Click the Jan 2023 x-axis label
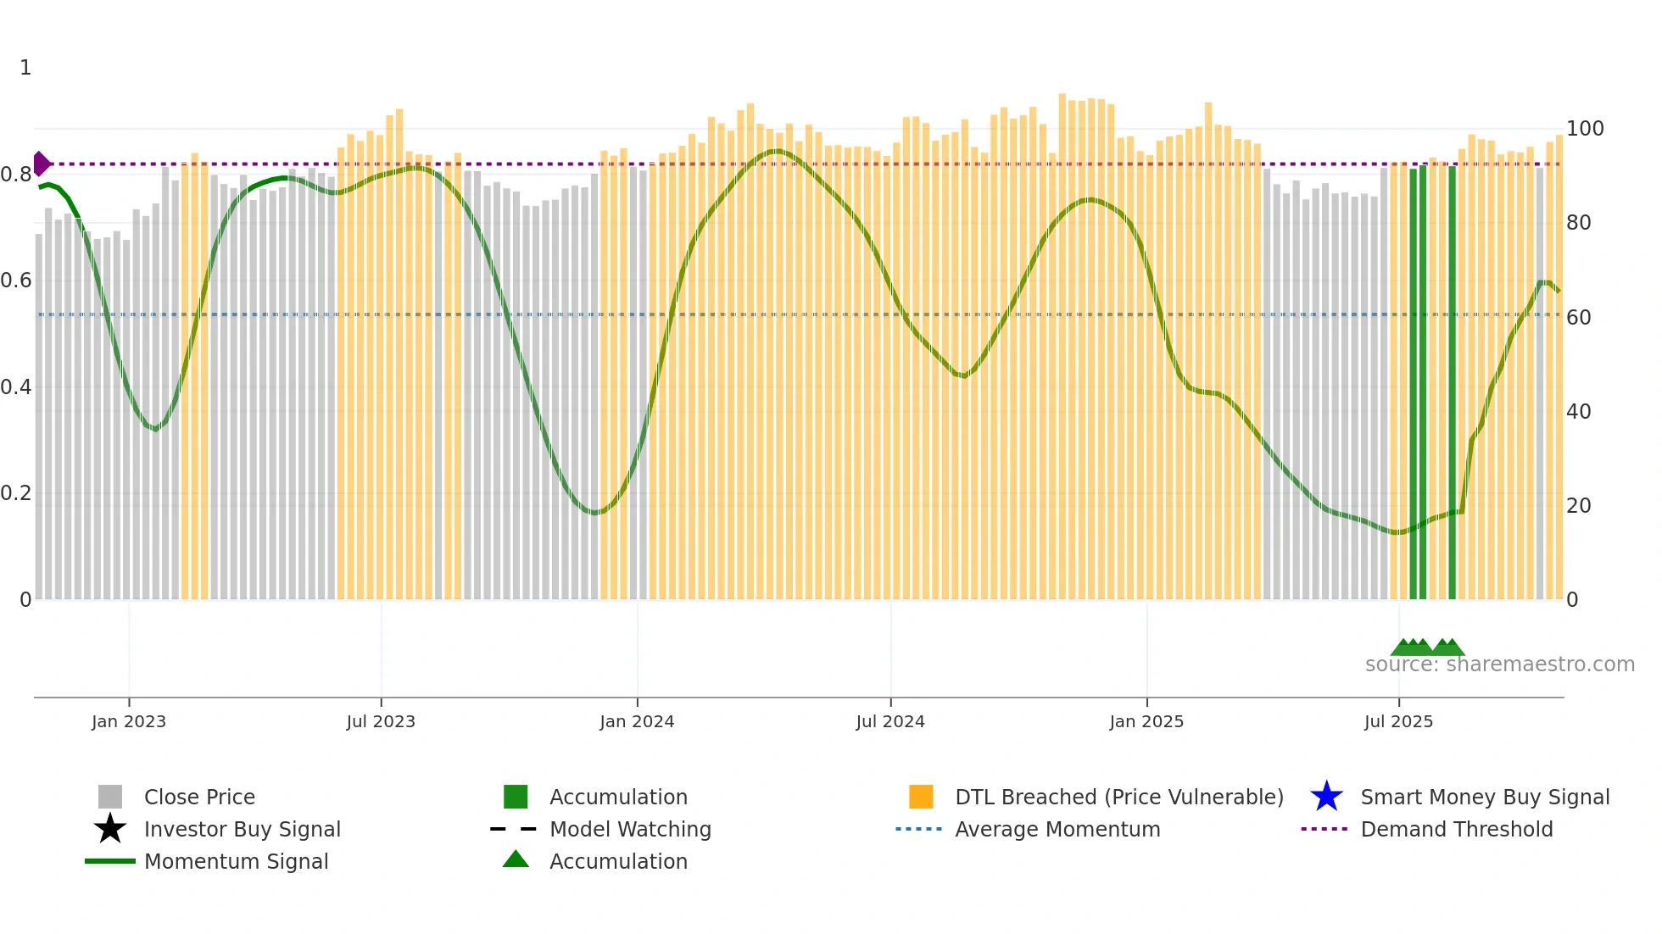[x=129, y=721]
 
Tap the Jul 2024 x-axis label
[x=890, y=721]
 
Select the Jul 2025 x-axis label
[x=1398, y=721]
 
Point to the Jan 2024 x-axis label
[x=637, y=721]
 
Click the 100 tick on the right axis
[x=1584, y=129]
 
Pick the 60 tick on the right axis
[x=1578, y=318]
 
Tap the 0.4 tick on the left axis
[x=16, y=387]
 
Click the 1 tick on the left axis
[x=25, y=68]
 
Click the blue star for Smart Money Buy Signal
[x=1326, y=797]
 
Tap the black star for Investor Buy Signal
[x=110, y=829]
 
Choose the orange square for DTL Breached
[x=921, y=797]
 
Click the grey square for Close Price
[x=110, y=797]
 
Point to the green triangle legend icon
[x=516, y=859]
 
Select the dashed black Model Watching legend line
[x=514, y=829]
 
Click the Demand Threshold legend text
[x=1456, y=829]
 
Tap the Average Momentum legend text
[x=1057, y=829]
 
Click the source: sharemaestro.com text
[x=1499, y=664]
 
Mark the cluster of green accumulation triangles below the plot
[x=1427, y=648]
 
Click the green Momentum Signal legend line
[x=110, y=861]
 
